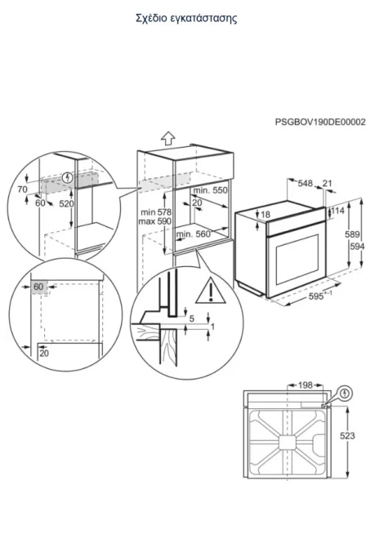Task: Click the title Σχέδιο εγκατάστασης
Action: point(186,19)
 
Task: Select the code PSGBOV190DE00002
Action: point(320,122)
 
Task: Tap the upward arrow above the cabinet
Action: point(168,138)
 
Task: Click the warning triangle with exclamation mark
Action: point(211,291)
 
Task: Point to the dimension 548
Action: point(305,183)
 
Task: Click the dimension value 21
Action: point(327,183)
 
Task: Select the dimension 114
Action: point(337,211)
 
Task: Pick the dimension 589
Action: point(352,234)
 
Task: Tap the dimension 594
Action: point(357,247)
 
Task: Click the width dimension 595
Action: point(316,296)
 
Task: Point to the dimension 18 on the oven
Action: point(266,215)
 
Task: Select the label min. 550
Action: point(210,190)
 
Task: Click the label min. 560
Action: point(194,234)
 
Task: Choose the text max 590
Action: point(155,221)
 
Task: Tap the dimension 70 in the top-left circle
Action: point(22,189)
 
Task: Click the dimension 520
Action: point(66,203)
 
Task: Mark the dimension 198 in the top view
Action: point(305,385)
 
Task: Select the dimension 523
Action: point(347,436)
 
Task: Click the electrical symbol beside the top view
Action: point(346,394)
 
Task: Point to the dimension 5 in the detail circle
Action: point(192,318)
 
